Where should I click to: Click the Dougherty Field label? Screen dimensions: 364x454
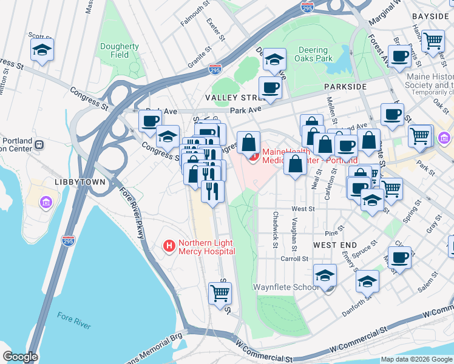click(x=120, y=50)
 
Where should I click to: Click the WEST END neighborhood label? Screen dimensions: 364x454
click(x=334, y=244)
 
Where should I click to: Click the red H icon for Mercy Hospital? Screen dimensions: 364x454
click(x=169, y=246)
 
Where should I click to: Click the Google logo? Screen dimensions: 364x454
click(x=19, y=357)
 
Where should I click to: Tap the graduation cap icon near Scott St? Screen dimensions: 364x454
click(x=42, y=50)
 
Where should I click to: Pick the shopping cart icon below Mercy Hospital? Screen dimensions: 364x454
click(x=220, y=293)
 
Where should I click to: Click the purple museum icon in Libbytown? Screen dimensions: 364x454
click(x=46, y=202)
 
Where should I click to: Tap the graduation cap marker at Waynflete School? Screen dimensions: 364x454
click(x=325, y=275)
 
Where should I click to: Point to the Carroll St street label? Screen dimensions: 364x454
click(x=294, y=258)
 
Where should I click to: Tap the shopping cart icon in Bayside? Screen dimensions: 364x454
click(x=433, y=41)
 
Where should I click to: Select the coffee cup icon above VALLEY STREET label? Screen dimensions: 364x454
click(x=270, y=87)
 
